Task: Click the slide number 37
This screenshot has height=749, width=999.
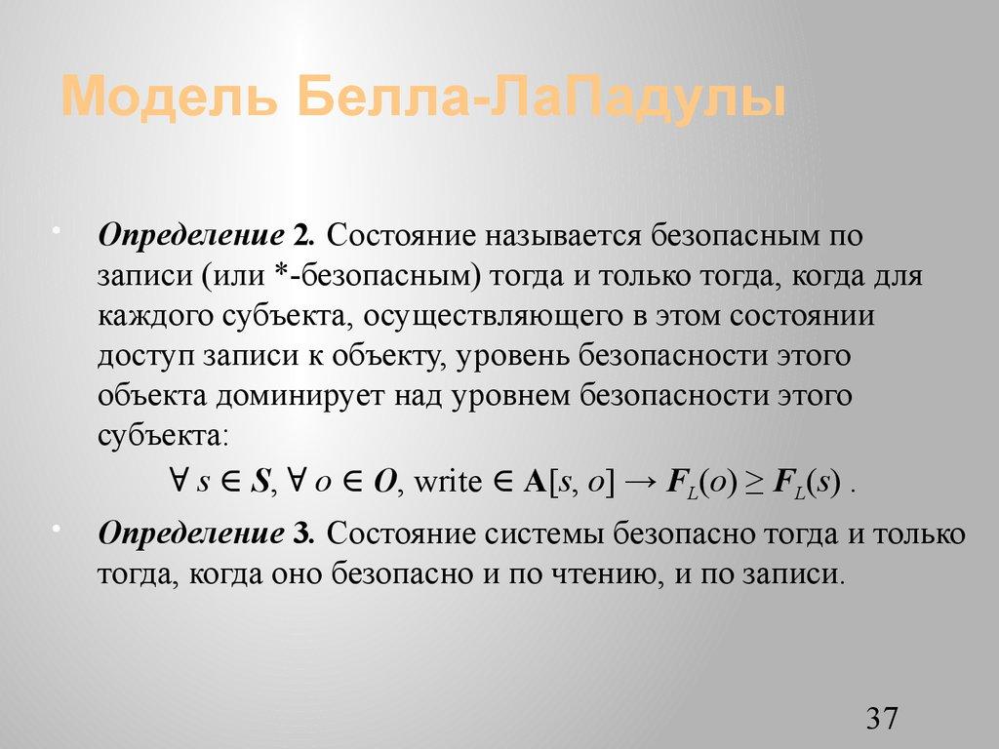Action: coord(881,719)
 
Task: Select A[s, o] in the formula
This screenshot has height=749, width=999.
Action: coord(569,483)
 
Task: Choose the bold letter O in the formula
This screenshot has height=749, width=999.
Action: coord(384,483)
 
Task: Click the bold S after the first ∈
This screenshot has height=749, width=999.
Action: coord(260,483)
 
